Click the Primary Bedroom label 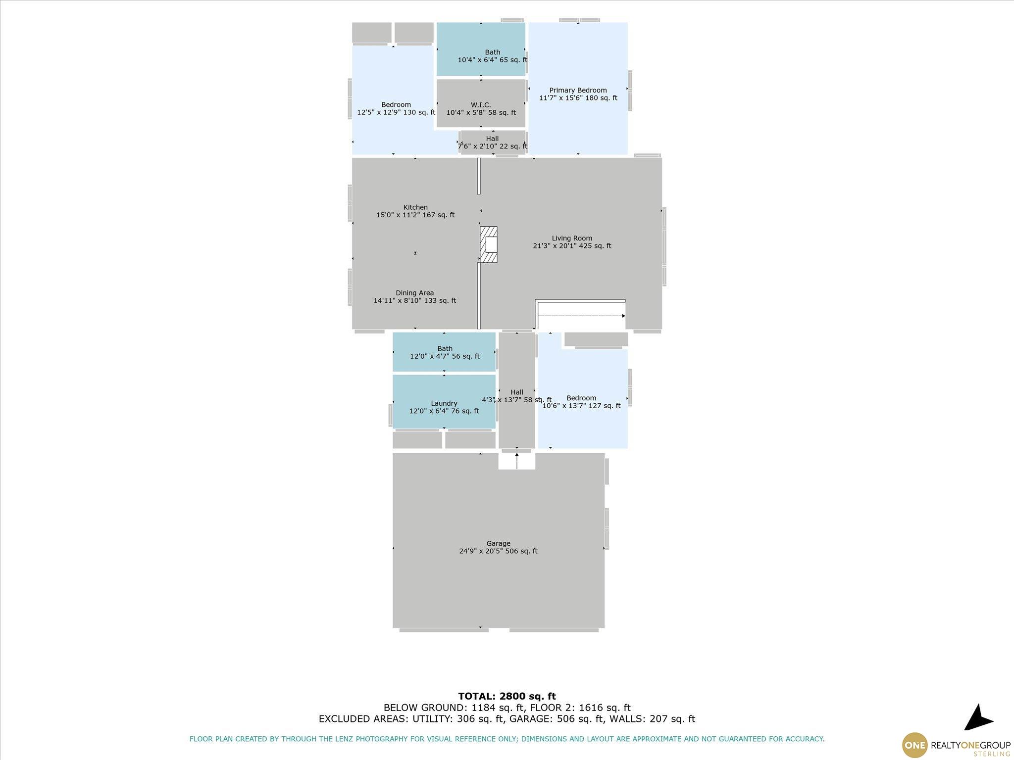(578, 90)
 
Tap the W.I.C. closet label (481, 105)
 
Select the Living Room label (572, 238)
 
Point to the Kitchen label (415, 207)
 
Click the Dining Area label (415, 293)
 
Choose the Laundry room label (444, 403)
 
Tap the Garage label (498, 543)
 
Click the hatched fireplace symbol (489, 244)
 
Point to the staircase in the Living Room (580, 315)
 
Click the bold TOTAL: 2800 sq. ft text (507, 696)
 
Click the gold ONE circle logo (915, 745)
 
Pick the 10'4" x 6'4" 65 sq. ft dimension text (492, 60)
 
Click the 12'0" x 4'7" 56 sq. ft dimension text (445, 356)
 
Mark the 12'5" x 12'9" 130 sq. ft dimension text (396, 112)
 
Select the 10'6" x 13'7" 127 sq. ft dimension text (581, 406)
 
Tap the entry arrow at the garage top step (517, 461)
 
